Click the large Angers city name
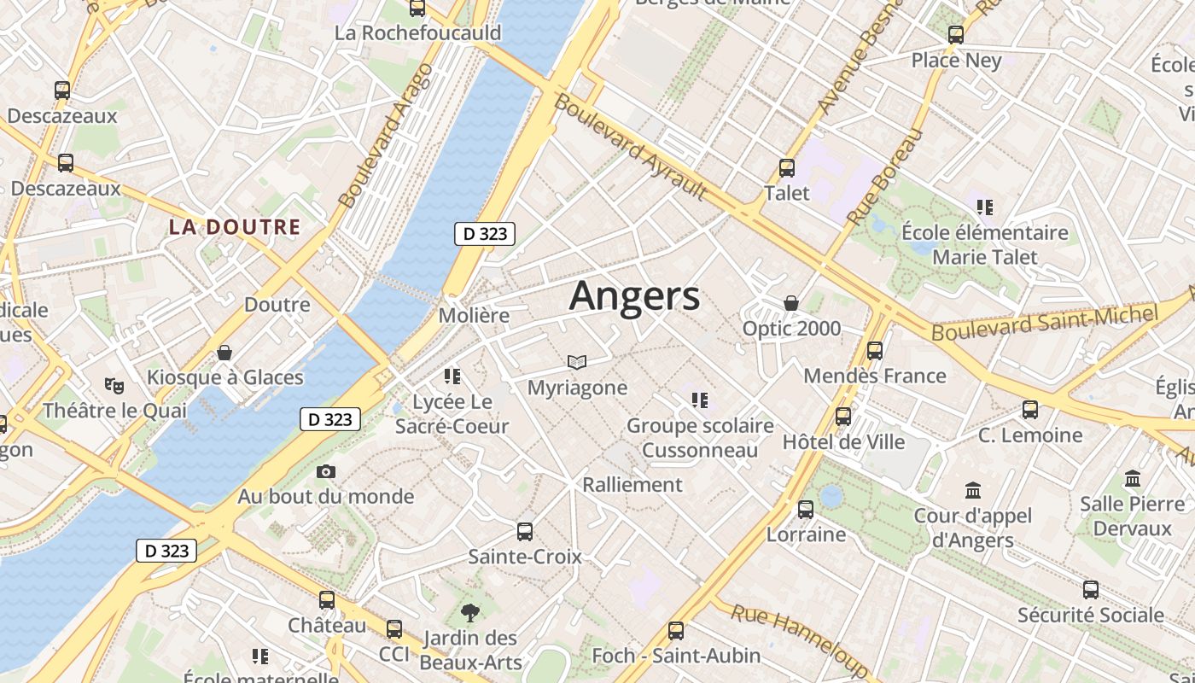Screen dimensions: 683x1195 634,296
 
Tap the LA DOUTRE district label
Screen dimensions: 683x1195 234,227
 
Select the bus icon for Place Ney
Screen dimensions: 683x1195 956,35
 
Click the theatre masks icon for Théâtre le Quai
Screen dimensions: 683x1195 114,385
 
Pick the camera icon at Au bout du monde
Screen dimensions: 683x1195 325,471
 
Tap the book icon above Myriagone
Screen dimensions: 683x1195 577,363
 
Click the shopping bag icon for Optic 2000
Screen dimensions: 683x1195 791,303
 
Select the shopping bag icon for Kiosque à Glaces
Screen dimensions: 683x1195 224,352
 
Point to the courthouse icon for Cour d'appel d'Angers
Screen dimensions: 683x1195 972,490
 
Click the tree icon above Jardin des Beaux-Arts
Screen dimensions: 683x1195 469,612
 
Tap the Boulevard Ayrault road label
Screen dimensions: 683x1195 631,147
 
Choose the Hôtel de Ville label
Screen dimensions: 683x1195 843,442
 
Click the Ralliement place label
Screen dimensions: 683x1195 632,485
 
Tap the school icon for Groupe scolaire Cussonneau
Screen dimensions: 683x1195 700,400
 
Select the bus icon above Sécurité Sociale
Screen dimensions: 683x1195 1090,589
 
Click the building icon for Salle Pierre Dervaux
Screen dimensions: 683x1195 1133,478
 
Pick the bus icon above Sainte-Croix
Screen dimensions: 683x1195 524,531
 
